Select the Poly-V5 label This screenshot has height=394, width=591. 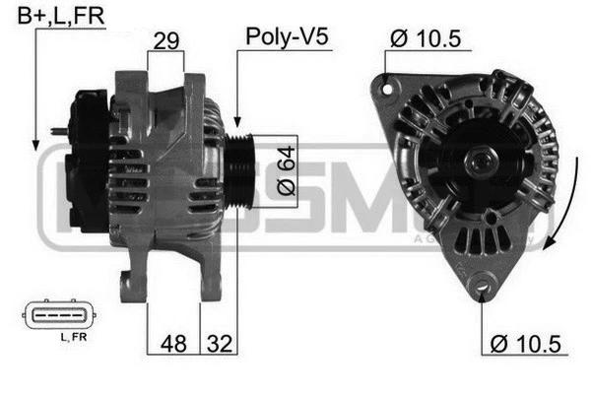(x=286, y=37)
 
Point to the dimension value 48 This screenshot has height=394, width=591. (x=172, y=345)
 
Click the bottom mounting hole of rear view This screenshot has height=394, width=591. (x=483, y=287)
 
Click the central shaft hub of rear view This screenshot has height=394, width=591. (x=480, y=158)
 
